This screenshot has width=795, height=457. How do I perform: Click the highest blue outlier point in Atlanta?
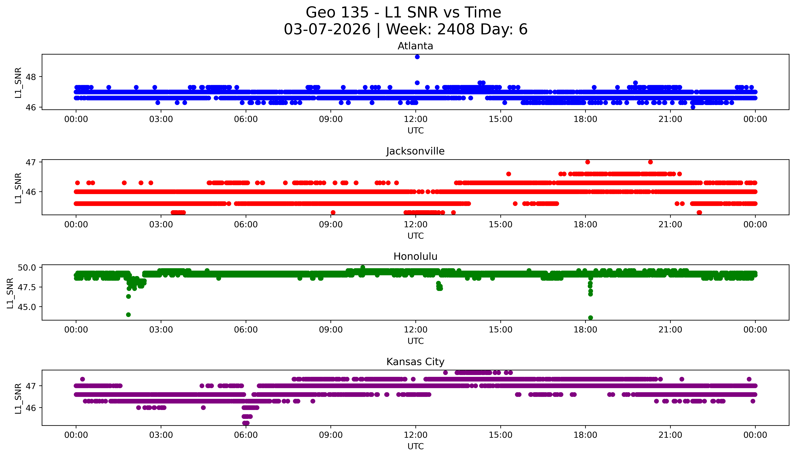(417, 57)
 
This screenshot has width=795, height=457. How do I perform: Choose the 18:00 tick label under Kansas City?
(585, 435)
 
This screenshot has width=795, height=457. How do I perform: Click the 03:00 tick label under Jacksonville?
(161, 224)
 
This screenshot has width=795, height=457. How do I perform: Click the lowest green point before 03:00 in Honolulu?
(128, 314)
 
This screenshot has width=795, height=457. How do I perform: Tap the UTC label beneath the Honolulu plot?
(415, 341)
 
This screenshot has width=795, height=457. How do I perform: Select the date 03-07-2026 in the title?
(327, 30)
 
